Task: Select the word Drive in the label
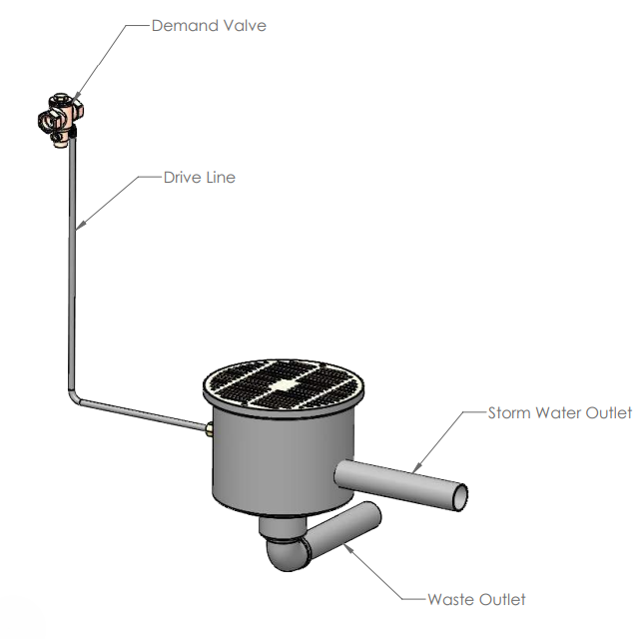(183, 178)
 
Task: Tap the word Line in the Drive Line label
(221, 178)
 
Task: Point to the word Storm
(509, 413)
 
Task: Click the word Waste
(450, 600)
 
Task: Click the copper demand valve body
(60, 119)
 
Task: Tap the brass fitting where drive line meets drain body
(209, 428)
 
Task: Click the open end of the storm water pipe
(460, 497)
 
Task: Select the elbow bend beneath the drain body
(285, 553)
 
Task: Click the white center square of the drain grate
(284, 385)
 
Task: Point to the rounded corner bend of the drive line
(74, 398)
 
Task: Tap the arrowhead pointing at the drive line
(81, 225)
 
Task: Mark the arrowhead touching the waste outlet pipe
(348, 548)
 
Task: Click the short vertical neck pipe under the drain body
(283, 527)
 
